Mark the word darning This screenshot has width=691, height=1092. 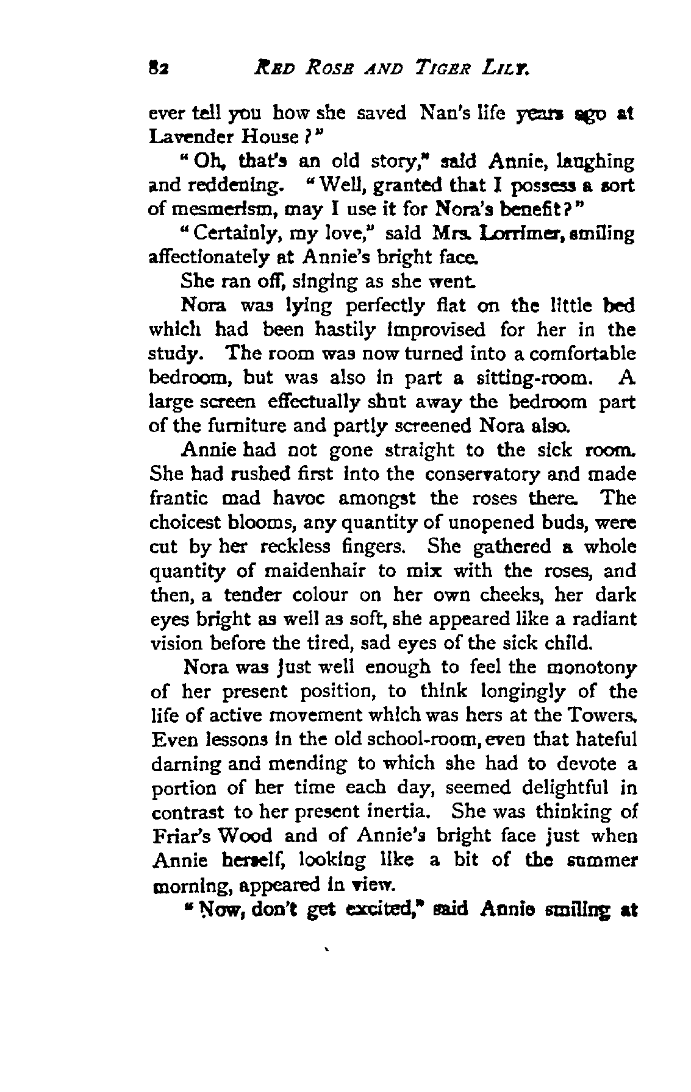click(179, 764)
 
